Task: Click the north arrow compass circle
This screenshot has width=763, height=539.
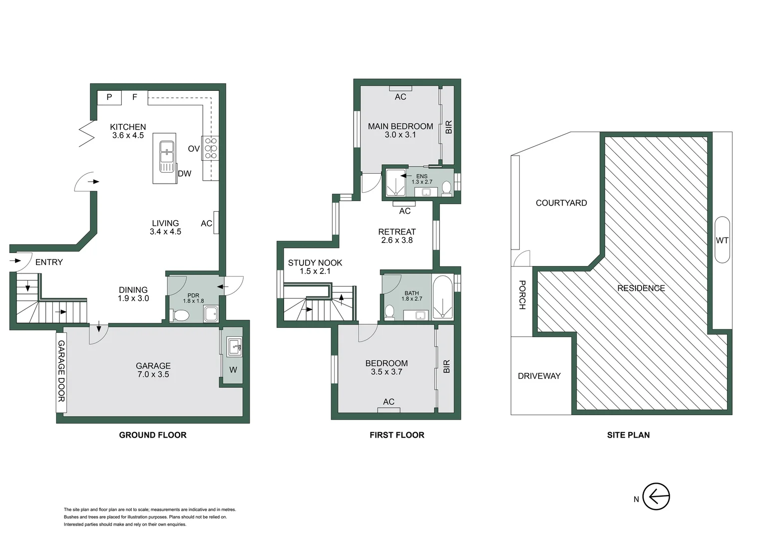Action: point(656,497)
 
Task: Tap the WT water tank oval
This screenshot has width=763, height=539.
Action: point(722,240)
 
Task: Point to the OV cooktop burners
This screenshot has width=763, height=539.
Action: point(210,148)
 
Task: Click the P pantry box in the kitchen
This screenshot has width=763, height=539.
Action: point(109,97)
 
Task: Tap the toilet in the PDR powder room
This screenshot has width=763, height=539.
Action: point(180,315)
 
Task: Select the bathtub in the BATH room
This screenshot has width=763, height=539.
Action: point(442,297)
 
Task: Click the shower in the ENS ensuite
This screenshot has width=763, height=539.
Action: point(395,182)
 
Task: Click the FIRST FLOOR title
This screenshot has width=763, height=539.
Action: point(396,435)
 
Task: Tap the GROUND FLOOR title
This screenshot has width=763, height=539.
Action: point(152,435)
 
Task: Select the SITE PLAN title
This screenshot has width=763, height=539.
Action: point(628,435)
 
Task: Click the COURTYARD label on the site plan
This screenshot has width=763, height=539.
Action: point(561,203)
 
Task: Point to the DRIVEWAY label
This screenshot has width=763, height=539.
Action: point(539,376)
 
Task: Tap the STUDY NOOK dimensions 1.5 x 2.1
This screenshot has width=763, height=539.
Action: point(315,271)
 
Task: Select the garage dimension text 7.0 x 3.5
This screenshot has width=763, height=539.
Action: point(153,374)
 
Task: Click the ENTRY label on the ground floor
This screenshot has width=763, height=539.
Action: point(49,262)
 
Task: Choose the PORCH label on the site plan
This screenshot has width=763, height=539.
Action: point(522,295)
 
